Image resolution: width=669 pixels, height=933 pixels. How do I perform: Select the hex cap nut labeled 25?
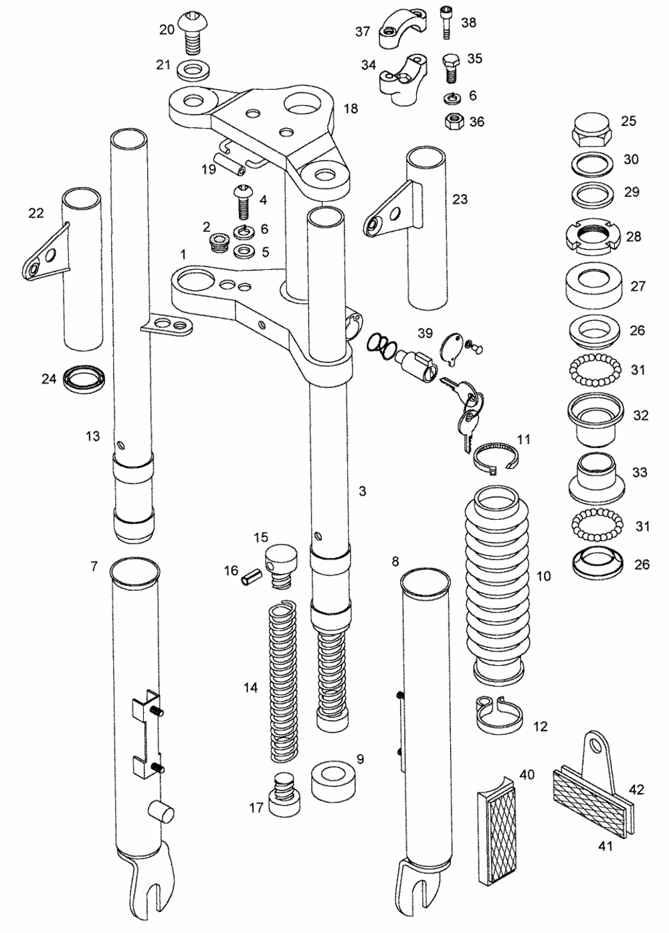[x=591, y=127]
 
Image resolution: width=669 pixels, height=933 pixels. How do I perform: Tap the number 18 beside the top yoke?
[x=351, y=109]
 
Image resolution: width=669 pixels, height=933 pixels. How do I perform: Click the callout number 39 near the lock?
[x=425, y=333]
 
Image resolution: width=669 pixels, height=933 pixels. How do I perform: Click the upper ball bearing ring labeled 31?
[x=591, y=368]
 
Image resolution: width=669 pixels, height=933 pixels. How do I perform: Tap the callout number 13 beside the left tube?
[x=92, y=436]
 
